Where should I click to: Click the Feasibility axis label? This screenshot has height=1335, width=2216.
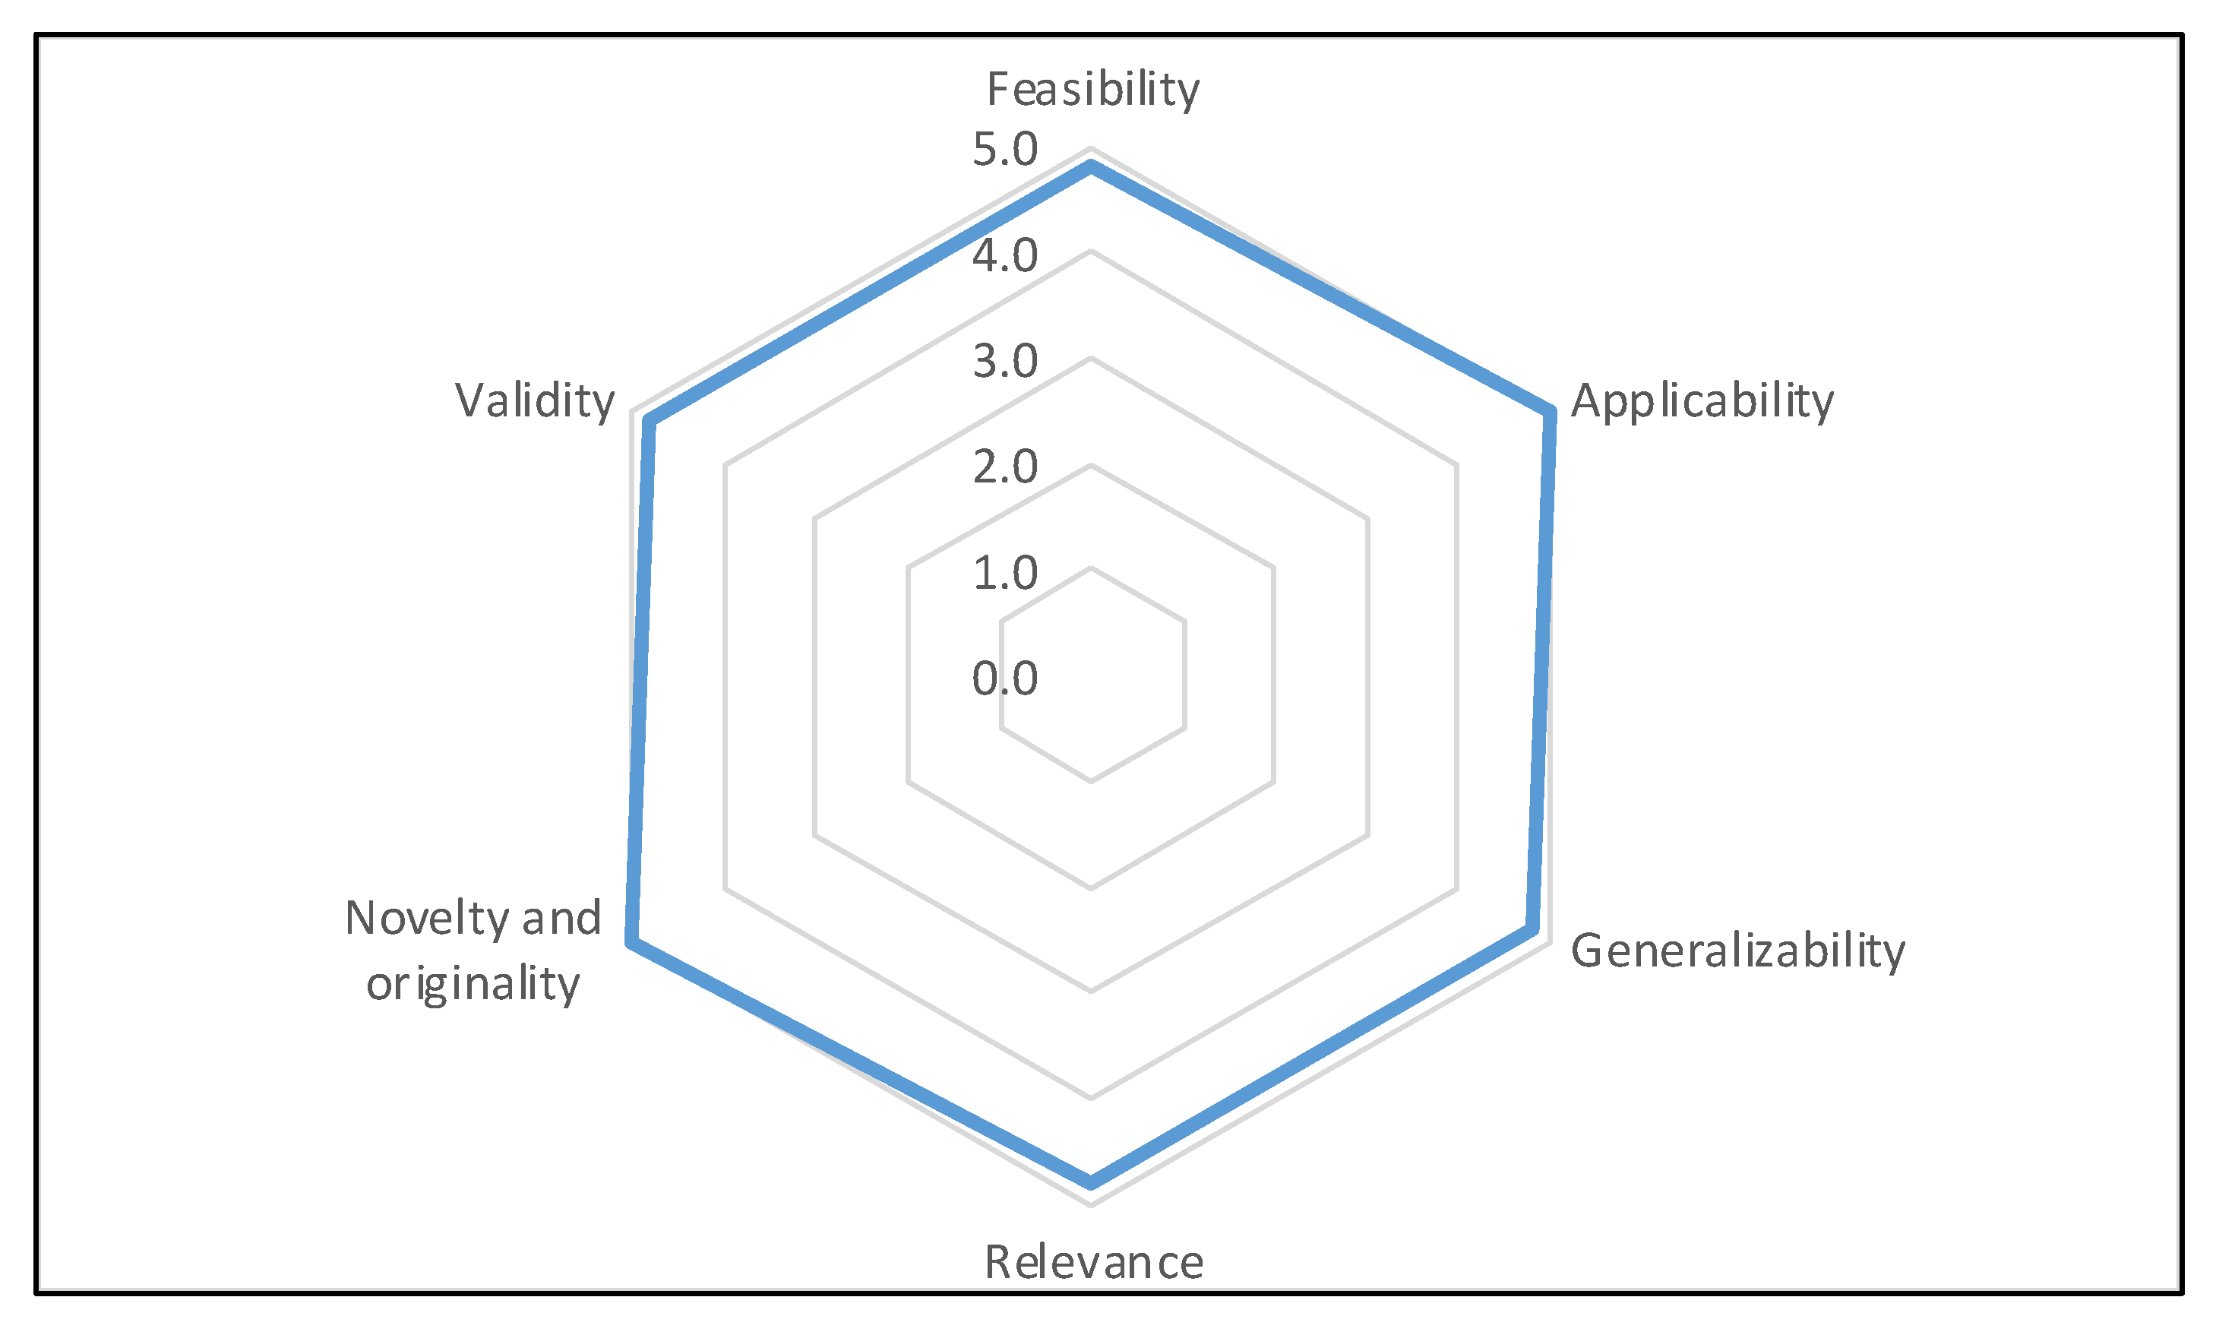click(x=1092, y=90)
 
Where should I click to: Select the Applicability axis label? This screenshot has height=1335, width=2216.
click(x=1702, y=401)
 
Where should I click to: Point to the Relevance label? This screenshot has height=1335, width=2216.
click(x=1094, y=1262)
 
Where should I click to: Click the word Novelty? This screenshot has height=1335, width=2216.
click(x=427, y=919)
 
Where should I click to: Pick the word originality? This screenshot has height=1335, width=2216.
click(x=473, y=984)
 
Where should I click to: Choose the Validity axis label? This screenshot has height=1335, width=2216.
click(x=535, y=401)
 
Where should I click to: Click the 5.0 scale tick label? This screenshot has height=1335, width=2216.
click(x=1004, y=150)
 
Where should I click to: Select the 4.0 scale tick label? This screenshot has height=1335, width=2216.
click(x=1004, y=256)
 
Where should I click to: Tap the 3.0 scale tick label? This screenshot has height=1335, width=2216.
click(x=1004, y=362)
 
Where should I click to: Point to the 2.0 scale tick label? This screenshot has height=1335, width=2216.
click(x=1004, y=468)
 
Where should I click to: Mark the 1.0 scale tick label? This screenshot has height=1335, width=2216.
click(x=1004, y=573)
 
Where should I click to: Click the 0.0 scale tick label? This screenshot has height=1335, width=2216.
click(x=1004, y=679)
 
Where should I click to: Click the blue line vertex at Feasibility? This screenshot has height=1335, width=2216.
click(x=1091, y=166)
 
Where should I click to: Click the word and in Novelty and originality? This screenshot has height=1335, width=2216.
click(x=562, y=919)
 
